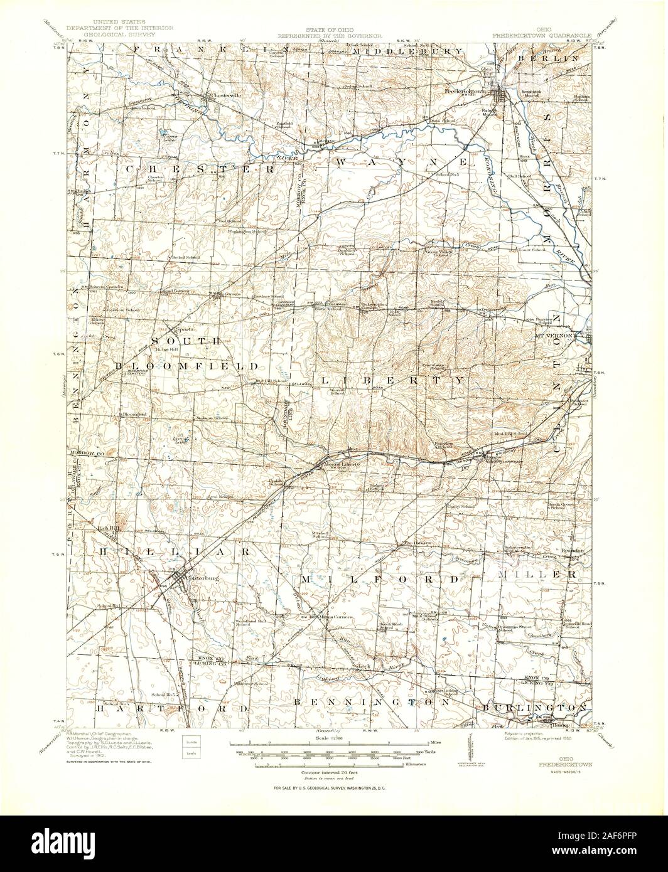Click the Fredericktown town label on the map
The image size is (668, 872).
(x=465, y=92)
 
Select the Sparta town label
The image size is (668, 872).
(x=183, y=329)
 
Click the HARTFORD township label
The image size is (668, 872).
(x=164, y=707)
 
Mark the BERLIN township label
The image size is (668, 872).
(x=547, y=58)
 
